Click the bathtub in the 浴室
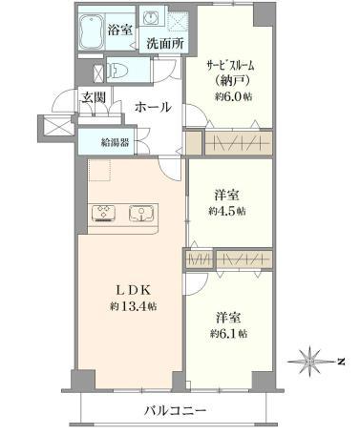pos(92,31)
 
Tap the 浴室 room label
pos(119,31)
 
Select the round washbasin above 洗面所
pos(150,17)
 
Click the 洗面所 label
pos(165,44)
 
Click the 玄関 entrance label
pos(93,97)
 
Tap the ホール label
pos(153,107)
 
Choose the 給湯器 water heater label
pos(115,142)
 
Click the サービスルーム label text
pos(230,67)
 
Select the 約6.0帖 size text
pos(233,96)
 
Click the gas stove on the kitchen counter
pos(104,213)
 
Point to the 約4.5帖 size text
pos(227,211)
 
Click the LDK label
pos(132,290)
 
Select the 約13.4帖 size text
pos(133,306)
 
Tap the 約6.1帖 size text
pos(228,334)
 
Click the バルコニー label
pos(176,410)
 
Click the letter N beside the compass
pos(341,362)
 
